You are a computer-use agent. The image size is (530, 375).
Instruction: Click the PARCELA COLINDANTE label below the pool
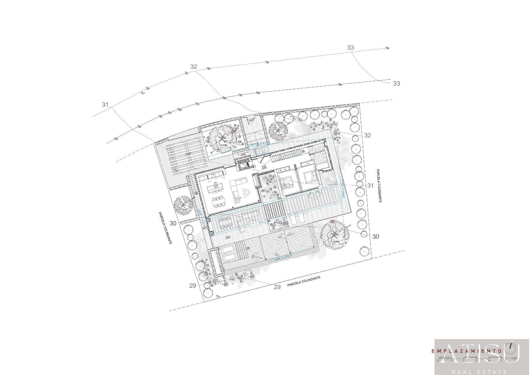point(304,281)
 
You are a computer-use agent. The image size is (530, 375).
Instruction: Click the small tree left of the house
point(184,205)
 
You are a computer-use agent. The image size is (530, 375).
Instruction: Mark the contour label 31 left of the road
point(105,104)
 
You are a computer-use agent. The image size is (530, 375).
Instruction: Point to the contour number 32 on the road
point(194,67)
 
